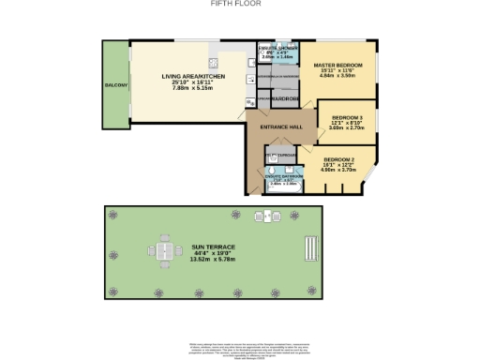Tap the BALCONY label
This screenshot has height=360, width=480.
[x=116, y=85]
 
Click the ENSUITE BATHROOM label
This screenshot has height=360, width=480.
[x=285, y=176]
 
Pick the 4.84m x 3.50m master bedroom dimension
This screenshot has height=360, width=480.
[x=337, y=76]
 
